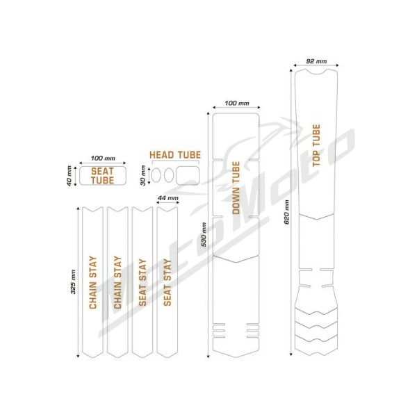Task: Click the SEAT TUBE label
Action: click(x=102, y=176)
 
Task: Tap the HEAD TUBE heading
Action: click(x=175, y=155)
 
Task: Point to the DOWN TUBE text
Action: click(x=236, y=188)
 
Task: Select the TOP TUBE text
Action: click(x=316, y=145)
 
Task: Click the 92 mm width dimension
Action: click(x=316, y=61)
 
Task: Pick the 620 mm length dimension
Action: click(x=286, y=212)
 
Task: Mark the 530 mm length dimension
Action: click(x=204, y=235)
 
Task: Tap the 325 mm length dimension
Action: click(x=74, y=282)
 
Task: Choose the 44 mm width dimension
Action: click(x=167, y=198)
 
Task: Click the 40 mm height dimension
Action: click(x=69, y=176)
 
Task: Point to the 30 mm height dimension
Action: click(x=142, y=175)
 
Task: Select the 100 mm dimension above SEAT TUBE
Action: click(x=103, y=158)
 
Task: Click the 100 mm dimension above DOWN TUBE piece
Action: click(x=237, y=103)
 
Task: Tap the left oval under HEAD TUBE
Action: click(x=156, y=176)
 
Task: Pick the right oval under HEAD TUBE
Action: click(x=169, y=176)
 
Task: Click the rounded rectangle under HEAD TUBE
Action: click(x=188, y=176)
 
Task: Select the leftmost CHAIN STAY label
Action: click(x=93, y=282)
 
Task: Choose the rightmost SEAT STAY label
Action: click(x=167, y=282)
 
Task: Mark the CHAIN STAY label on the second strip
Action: click(x=117, y=282)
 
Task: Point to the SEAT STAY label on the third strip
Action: click(x=142, y=282)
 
